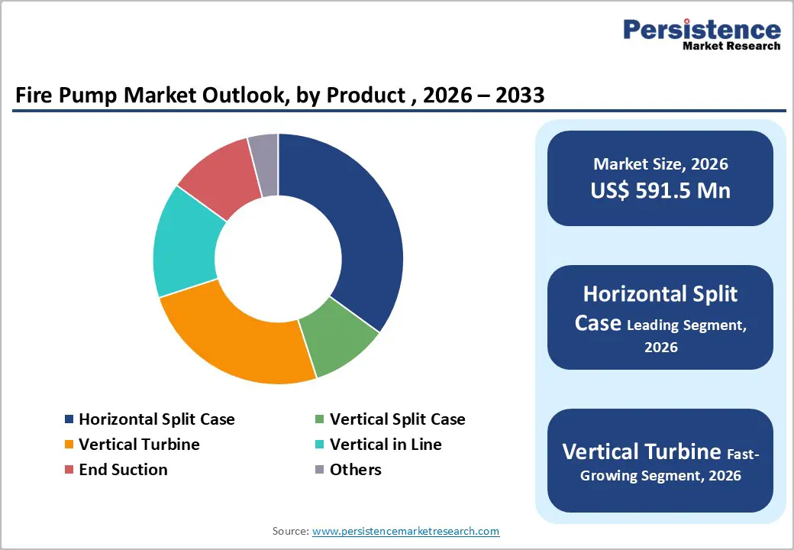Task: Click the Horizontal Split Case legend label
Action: pos(157,419)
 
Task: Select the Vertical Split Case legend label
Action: pos(397,419)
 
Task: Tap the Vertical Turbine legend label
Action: pos(139,445)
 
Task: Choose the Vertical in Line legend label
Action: pos(386,445)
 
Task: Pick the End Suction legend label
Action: pos(123,470)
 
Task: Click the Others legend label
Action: pos(355,470)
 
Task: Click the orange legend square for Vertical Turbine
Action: pos(69,445)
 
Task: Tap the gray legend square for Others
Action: pos(320,470)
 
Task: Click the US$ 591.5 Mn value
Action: pos(660,190)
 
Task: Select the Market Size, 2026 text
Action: pos(660,164)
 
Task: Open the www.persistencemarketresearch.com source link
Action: pos(405,531)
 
